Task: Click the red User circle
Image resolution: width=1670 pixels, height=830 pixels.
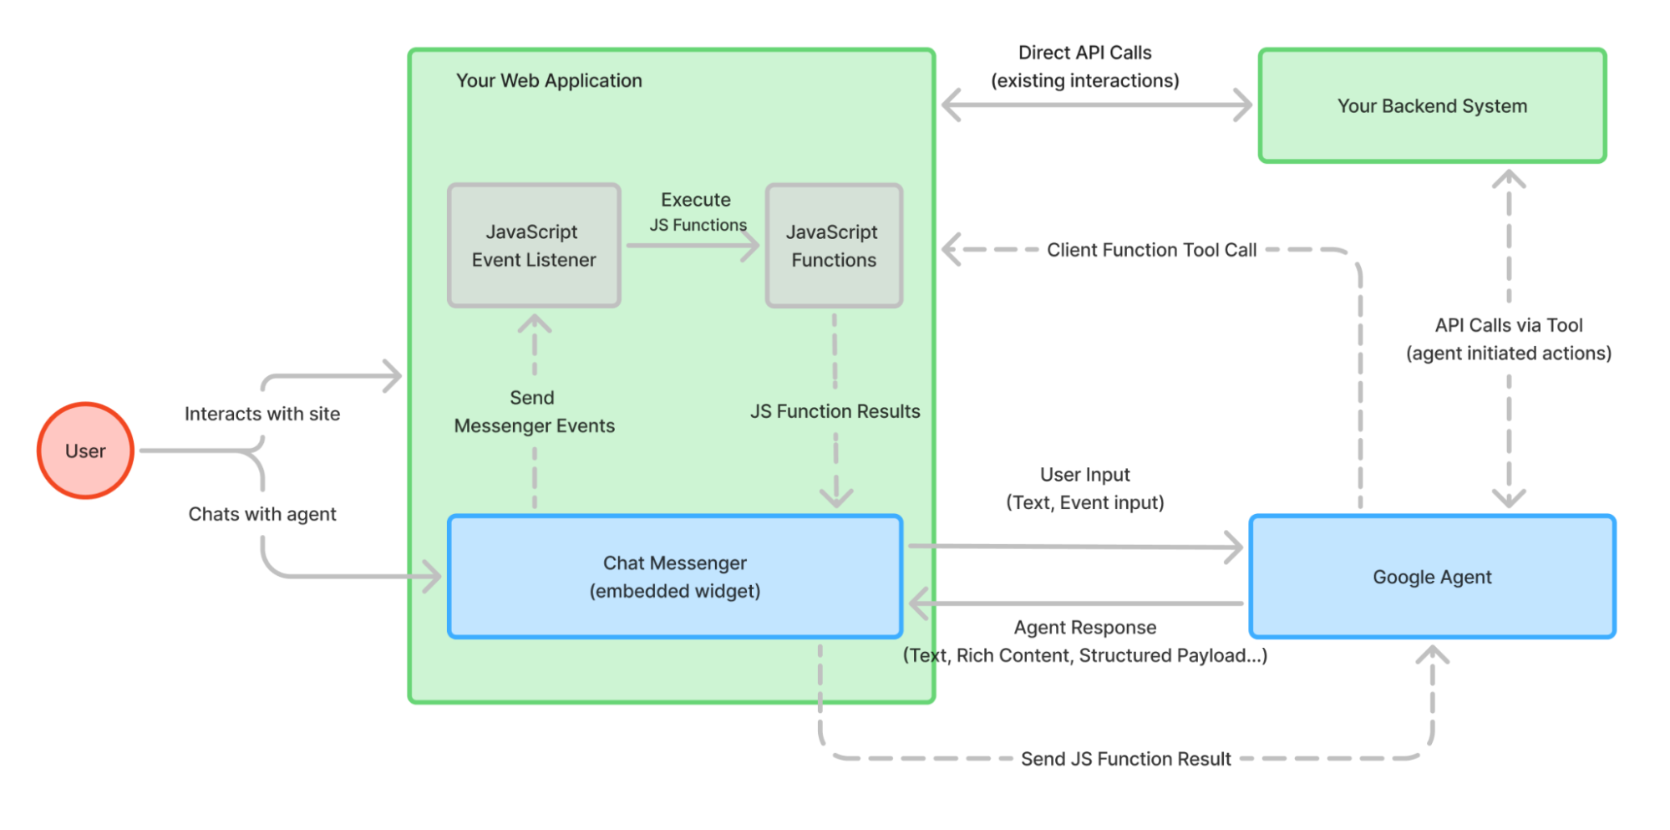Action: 85,451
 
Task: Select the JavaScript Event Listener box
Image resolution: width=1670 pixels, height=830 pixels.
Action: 534,246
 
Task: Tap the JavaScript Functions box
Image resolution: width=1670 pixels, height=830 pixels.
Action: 834,246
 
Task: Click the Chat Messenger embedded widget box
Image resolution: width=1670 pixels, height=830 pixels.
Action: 675,577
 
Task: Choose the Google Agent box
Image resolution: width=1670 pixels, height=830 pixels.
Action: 1432,577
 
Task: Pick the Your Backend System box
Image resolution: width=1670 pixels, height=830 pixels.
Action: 1432,106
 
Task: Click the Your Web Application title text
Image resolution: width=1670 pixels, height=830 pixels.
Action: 549,81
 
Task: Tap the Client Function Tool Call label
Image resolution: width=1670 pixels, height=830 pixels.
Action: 1151,250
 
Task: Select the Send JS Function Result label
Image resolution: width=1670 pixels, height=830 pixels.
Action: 1125,759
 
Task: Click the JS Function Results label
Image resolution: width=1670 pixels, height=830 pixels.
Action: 835,411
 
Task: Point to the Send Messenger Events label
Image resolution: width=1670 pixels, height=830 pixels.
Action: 534,412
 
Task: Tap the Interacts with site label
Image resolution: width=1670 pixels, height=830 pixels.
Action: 262,414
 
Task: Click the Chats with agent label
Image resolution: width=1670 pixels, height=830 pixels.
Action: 262,514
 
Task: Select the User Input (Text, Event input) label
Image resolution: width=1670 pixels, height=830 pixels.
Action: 1084,488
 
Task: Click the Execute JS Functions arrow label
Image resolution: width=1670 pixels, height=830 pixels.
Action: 697,211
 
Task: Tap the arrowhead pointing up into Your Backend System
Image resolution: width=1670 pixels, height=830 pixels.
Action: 1509,177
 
